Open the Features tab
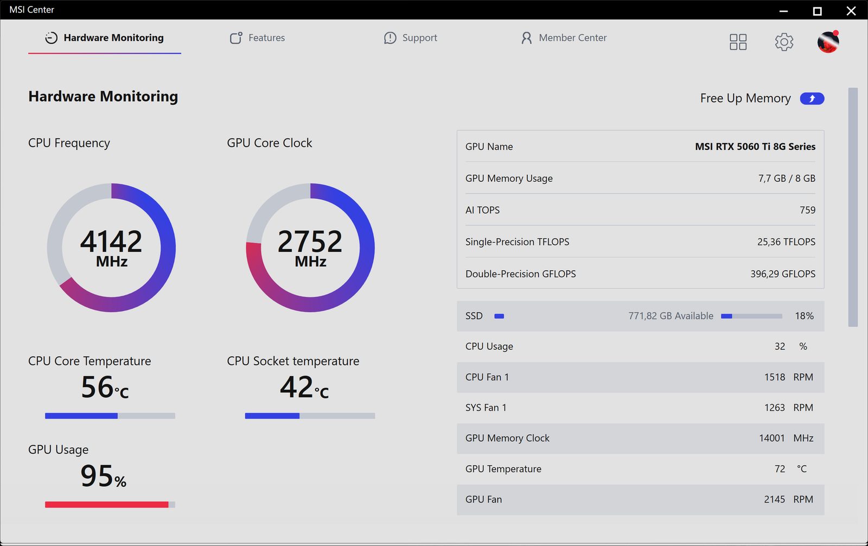click(257, 37)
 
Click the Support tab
click(410, 37)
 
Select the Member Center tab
click(564, 37)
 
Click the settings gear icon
click(784, 41)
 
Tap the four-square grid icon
click(738, 41)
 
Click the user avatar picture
click(828, 41)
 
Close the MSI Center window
click(851, 10)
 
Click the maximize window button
click(817, 11)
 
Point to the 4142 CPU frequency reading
click(111, 241)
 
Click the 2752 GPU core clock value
click(310, 241)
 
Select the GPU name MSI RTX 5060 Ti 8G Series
click(755, 146)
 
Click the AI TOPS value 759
click(808, 210)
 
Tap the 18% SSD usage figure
click(804, 316)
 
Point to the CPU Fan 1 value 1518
click(774, 377)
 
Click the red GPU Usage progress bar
click(106, 505)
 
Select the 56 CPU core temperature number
click(97, 386)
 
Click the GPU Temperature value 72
click(780, 468)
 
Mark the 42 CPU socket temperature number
click(296, 386)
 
